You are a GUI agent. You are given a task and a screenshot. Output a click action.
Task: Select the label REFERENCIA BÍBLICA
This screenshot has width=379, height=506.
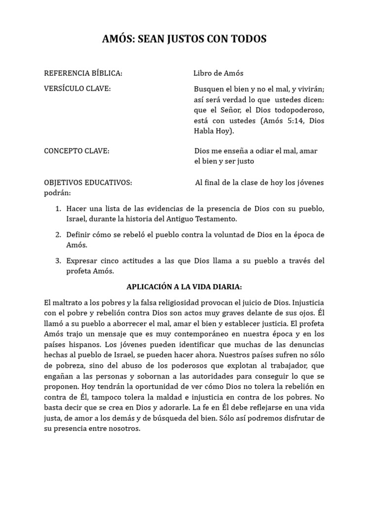tap(83, 73)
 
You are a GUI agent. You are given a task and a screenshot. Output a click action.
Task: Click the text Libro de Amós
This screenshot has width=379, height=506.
tap(218, 73)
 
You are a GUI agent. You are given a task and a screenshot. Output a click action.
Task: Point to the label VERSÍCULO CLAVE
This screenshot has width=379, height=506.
tap(77, 88)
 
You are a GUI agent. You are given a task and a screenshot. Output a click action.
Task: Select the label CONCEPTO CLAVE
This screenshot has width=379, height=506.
tap(76, 151)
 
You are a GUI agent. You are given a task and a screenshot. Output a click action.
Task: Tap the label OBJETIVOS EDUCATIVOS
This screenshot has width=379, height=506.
tap(88, 182)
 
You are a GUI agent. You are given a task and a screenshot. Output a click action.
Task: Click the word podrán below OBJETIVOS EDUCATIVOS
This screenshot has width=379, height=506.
tap(57, 193)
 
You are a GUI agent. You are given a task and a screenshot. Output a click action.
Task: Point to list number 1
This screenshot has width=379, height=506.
tap(58, 209)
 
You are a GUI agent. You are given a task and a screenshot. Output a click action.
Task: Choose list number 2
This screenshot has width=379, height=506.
tap(58, 234)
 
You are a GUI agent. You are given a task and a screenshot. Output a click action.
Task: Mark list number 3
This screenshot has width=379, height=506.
tap(58, 260)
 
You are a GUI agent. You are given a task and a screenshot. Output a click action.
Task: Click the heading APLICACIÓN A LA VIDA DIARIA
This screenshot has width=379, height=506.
tap(184, 287)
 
